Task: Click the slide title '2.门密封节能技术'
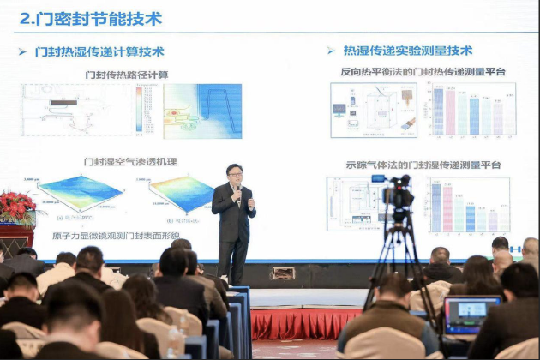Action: coord(90,18)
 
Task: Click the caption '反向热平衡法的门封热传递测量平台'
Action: coord(423,73)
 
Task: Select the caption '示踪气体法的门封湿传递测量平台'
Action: coord(423,165)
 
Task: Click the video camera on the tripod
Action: coord(399,195)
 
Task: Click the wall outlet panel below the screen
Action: coord(283,273)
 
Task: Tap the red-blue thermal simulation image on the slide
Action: coord(202,111)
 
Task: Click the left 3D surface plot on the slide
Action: coord(80,193)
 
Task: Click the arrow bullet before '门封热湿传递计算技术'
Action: coord(22,51)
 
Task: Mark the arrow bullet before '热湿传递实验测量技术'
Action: coord(331,51)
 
